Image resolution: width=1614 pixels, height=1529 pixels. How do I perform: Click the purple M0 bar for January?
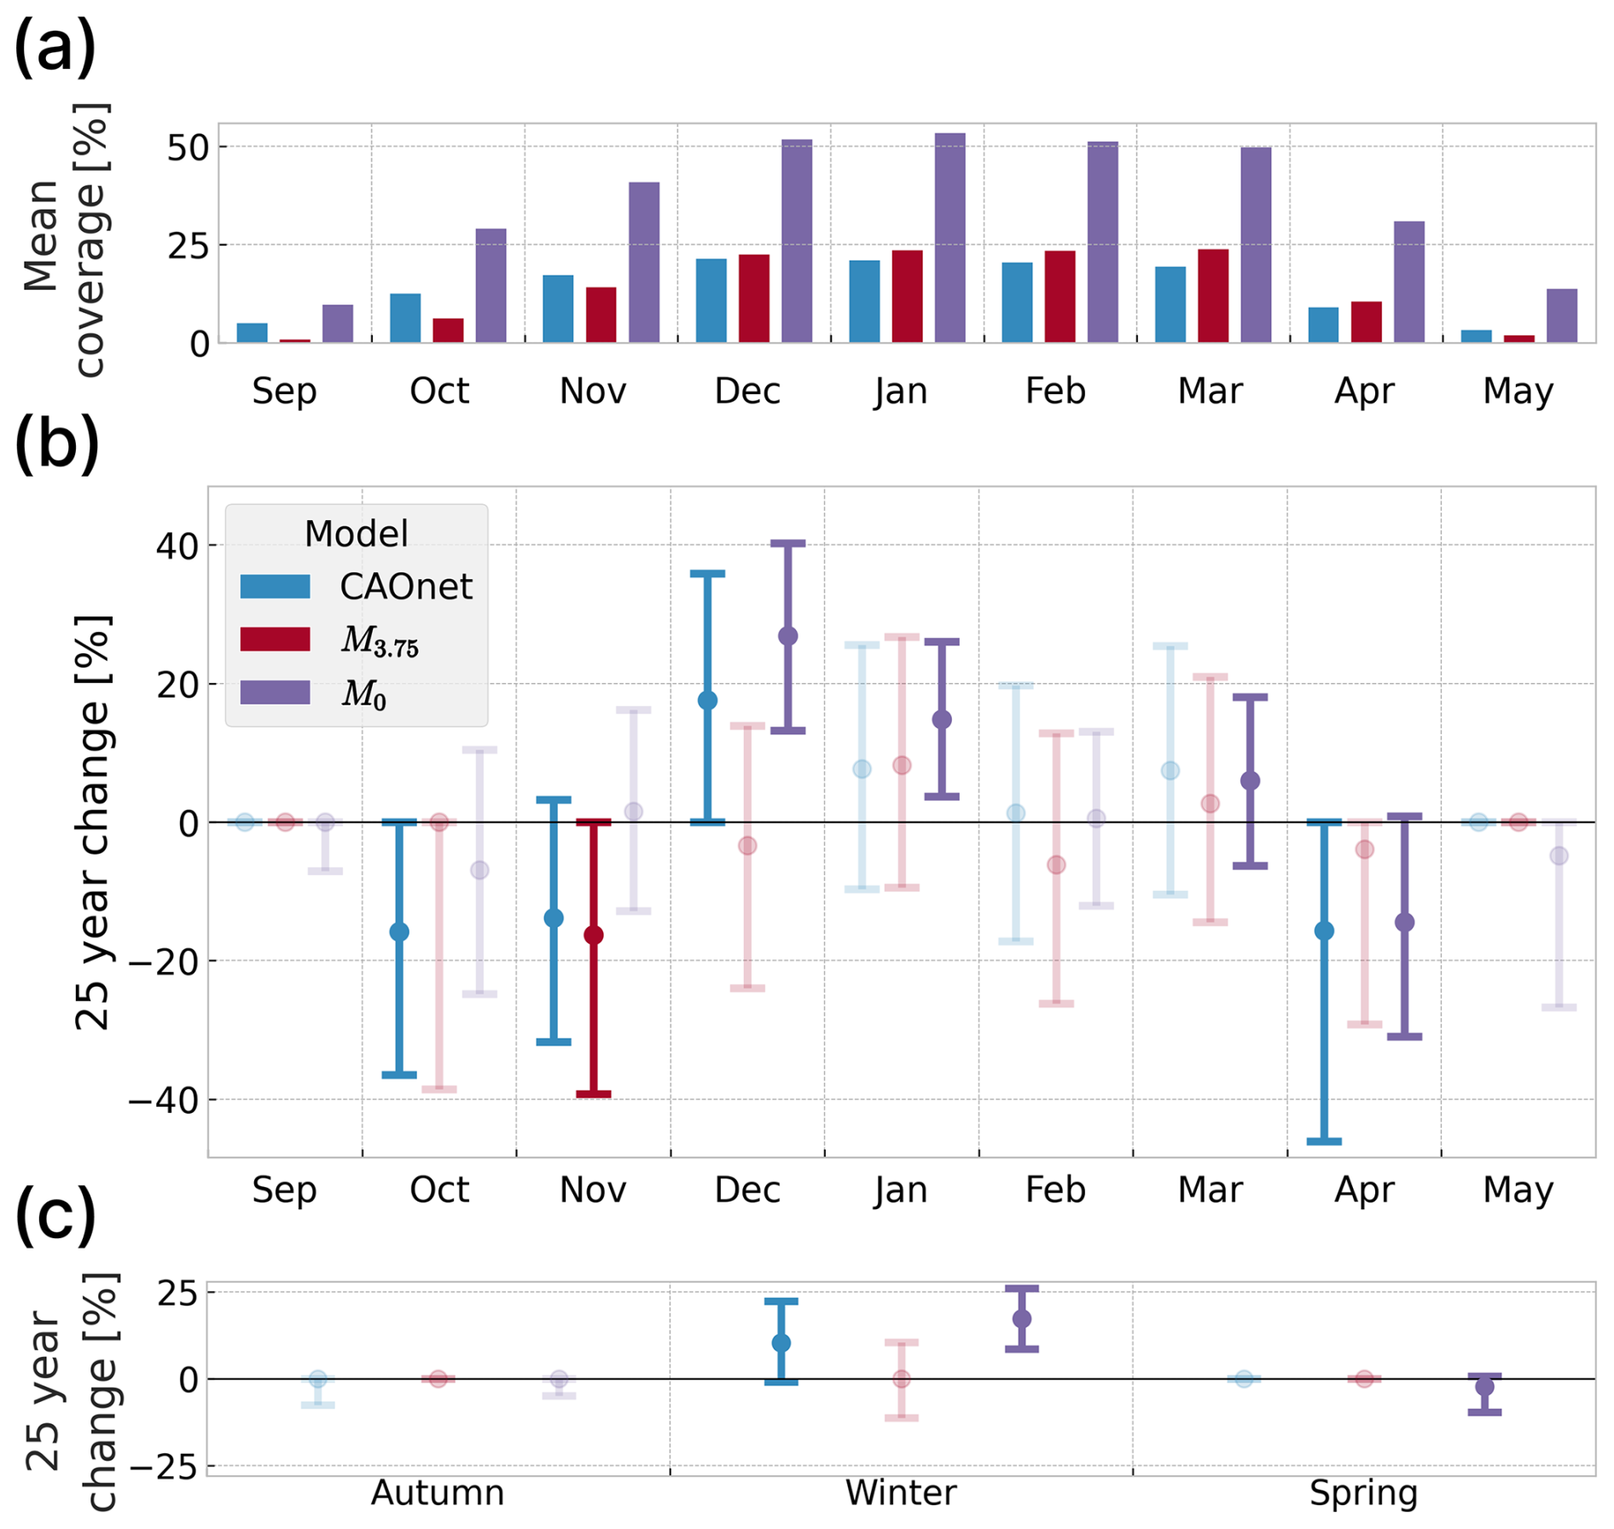[x=949, y=238]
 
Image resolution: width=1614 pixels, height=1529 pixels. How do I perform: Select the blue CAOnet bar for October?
[x=405, y=318]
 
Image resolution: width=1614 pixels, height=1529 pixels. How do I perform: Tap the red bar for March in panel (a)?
[x=1213, y=296]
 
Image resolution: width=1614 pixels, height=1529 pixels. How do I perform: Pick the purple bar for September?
[x=338, y=324]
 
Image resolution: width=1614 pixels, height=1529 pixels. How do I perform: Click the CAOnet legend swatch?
[x=275, y=587]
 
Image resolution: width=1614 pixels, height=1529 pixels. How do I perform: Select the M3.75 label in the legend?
[x=380, y=640]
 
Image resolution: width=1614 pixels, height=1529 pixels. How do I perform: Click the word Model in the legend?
[x=356, y=534]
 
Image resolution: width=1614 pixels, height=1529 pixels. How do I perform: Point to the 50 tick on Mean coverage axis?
[x=188, y=148]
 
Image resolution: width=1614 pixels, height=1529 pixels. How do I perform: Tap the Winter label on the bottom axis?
[x=901, y=1493]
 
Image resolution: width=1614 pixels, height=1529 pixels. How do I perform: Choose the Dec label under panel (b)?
[x=747, y=1190]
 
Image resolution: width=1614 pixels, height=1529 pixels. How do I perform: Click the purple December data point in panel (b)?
[x=788, y=636]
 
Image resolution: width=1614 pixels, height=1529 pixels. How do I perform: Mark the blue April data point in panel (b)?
[x=1324, y=930]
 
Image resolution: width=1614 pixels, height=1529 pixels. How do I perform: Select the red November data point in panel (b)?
[x=594, y=935]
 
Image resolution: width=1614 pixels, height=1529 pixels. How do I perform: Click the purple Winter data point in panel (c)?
[x=1021, y=1318]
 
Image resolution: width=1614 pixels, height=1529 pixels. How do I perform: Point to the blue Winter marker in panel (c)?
[x=781, y=1343]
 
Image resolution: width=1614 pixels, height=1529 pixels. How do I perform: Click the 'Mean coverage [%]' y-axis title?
[x=64, y=239]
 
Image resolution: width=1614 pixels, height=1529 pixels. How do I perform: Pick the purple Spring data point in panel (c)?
[x=1484, y=1386]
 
